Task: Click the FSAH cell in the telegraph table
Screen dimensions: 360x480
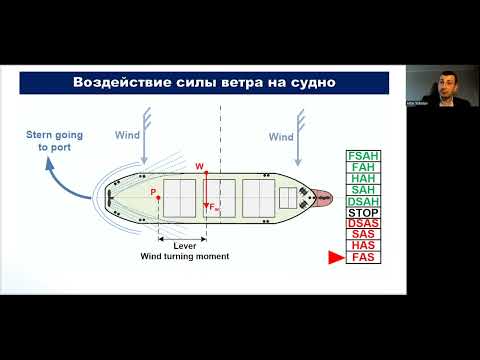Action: click(x=361, y=157)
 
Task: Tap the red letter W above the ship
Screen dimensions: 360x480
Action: click(x=199, y=165)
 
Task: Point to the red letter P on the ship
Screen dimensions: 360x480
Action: click(x=152, y=190)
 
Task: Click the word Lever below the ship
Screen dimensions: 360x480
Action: click(x=183, y=245)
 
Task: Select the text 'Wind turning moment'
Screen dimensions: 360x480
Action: click(x=183, y=257)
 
